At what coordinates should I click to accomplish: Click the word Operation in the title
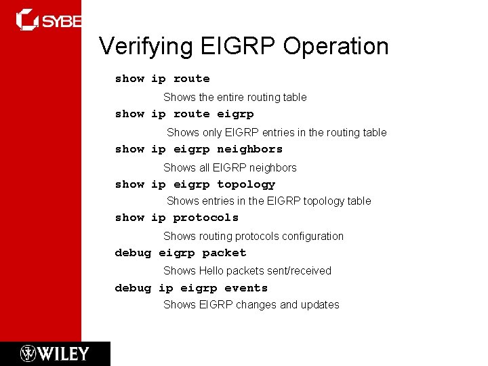coord(336,47)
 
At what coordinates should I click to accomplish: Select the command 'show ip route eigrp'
coord(184,114)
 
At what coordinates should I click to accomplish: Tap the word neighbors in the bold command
coord(249,149)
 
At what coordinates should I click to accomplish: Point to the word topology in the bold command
coord(246,184)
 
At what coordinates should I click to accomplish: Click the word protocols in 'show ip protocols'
coord(206,218)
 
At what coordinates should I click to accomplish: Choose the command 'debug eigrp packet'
coord(180,253)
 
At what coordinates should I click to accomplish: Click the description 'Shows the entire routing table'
coord(235,98)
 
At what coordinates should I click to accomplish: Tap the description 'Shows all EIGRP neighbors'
coord(230,167)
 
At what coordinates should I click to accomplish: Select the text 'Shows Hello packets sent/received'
coord(247,270)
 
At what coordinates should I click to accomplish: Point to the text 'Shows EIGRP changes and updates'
coord(251,305)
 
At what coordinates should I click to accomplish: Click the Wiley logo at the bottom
coord(55,354)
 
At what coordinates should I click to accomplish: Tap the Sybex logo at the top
coord(47,20)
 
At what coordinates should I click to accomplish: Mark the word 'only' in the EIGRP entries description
coord(212,133)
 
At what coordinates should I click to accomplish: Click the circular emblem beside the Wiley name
coord(28,354)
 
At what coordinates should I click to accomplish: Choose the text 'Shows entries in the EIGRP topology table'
coord(269,201)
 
